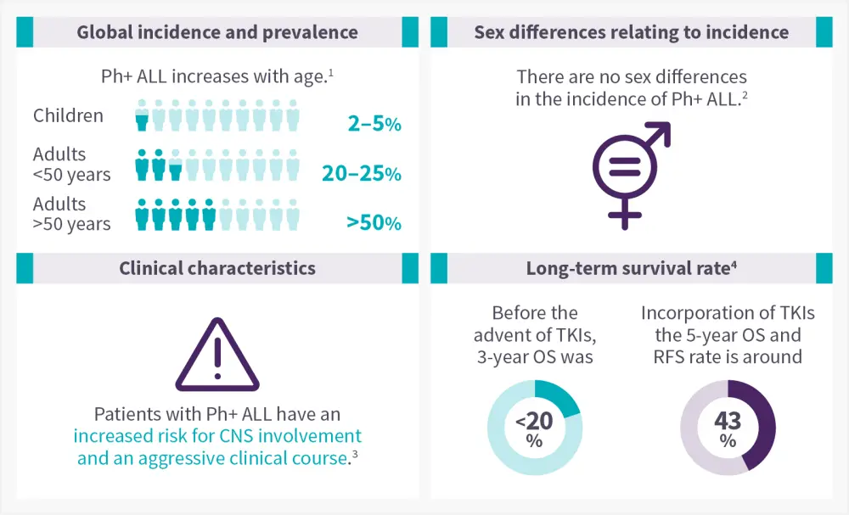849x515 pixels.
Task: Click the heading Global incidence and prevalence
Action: click(217, 33)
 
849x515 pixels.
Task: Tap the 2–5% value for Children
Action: click(374, 125)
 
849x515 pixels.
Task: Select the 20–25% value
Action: click(361, 174)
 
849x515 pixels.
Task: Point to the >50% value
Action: click(374, 223)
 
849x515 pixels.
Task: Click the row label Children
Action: click(68, 115)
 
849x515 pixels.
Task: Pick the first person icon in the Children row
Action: click(142, 115)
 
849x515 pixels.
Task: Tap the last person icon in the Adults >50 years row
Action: click(293, 215)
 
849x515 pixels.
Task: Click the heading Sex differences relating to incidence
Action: click(631, 33)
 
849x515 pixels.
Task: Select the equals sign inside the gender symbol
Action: click(625, 167)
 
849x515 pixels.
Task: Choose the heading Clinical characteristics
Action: click(217, 268)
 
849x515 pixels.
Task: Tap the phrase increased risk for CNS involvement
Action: click(217, 436)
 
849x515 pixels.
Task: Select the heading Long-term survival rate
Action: click(631, 268)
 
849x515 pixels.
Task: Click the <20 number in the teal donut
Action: click(535, 421)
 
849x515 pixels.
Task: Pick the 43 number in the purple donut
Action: click(728, 421)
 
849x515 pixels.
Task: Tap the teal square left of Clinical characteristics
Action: click(25, 268)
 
